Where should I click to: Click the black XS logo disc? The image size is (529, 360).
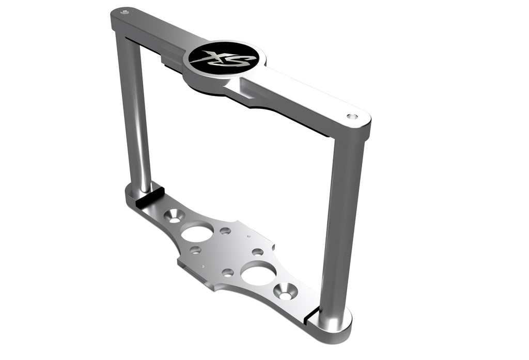click(223, 58)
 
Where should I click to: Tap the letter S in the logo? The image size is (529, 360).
click(239, 60)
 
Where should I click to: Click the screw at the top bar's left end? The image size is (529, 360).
click(124, 10)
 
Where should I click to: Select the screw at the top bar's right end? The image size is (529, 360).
click(352, 117)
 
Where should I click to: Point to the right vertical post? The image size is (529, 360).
click(342, 222)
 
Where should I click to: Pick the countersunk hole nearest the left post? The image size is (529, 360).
click(174, 215)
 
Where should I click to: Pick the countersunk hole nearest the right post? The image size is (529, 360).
click(286, 291)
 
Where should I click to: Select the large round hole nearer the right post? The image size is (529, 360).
click(258, 272)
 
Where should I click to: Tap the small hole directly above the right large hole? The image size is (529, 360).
click(257, 252)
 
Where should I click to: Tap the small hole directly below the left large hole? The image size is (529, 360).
click(195, 250)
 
